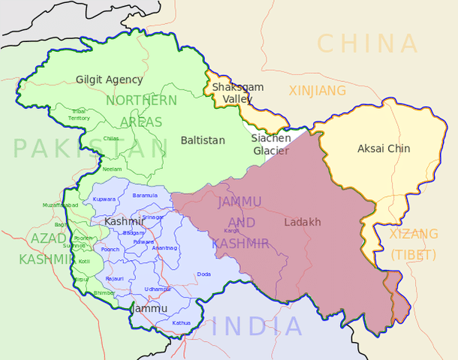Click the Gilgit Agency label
point(109,80)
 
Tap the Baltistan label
point(202,141)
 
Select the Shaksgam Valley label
point(237,93)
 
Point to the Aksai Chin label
point(384,149)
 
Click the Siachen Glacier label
point(270,144)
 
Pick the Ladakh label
point(303,222)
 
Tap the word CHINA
point(367,43)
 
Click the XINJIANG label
point(318,91)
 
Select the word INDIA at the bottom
point(258,326)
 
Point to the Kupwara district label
point(104,199)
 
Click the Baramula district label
point(145,195)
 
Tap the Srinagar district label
point(152,217)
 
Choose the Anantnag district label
point(164,247)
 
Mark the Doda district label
point(203,274)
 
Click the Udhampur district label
point(158,289)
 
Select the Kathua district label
point(181,323)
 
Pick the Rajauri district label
point(115,279)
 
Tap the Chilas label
point(110,138)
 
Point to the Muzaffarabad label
point(61,205)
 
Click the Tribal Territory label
point(79,115)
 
